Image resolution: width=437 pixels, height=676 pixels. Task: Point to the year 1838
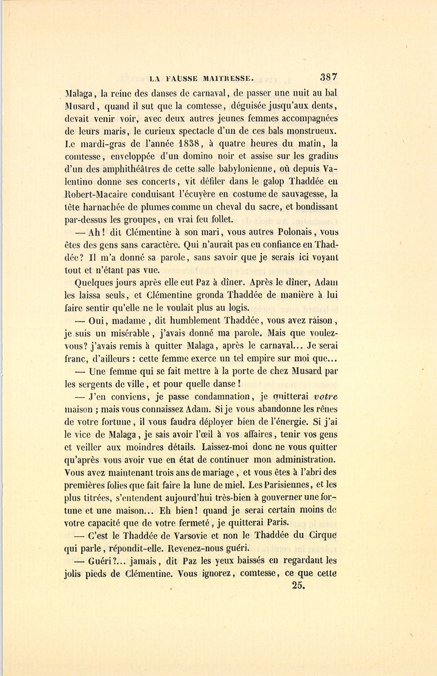(188, 143)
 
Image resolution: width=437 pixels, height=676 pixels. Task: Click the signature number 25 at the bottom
(298, 586)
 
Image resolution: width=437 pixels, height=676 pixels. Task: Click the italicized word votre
(326, 396)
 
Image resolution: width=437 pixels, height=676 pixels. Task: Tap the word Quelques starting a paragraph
(96, 282)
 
